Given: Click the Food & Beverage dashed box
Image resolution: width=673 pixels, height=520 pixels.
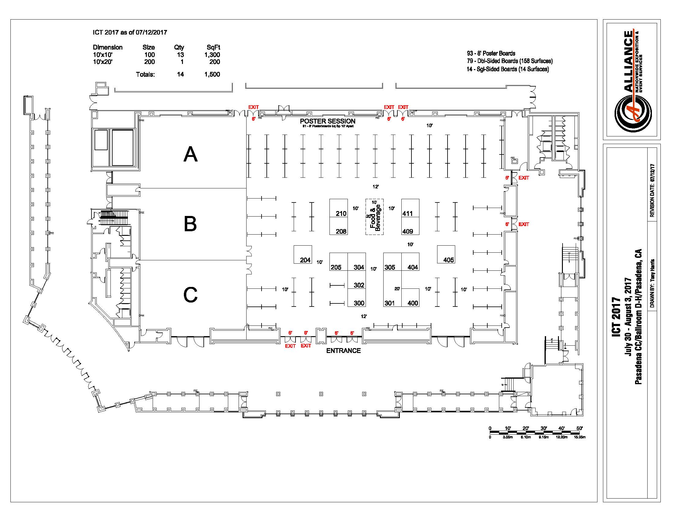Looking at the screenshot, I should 374,217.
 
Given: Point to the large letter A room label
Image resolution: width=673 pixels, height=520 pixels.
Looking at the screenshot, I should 190,154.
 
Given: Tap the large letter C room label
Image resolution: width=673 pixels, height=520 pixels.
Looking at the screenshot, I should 190,295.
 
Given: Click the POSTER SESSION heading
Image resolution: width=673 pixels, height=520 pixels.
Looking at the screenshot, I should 327,121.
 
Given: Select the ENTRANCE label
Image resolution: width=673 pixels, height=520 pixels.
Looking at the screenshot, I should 343,351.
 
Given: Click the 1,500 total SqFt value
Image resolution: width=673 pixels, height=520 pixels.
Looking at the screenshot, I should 212,74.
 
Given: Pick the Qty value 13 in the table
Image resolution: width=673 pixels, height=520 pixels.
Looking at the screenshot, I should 180,55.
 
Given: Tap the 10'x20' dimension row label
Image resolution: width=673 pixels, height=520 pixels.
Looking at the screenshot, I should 102,62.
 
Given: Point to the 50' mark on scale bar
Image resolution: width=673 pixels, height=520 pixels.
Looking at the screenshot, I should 579,429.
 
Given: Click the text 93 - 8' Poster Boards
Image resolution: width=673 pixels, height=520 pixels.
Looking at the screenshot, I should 491,53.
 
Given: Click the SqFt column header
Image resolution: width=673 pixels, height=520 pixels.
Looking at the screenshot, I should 213,47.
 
